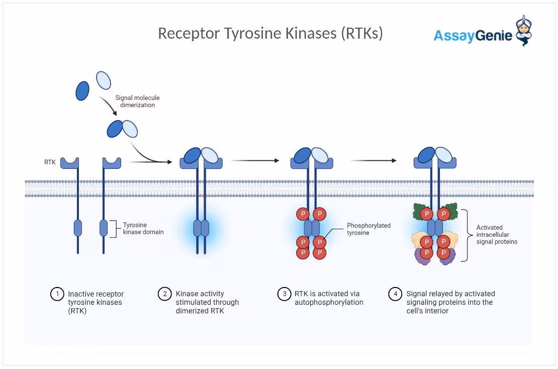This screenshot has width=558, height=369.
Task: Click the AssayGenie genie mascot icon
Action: [x=524, y=31]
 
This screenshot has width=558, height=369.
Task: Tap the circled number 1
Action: [x=57, y=294]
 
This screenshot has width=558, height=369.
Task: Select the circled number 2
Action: [x=165, y=294]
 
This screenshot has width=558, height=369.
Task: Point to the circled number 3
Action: [x=285, y=294]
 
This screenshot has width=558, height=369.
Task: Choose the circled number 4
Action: [x=395, y=294]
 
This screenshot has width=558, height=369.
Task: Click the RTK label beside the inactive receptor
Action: [x=50, y=162]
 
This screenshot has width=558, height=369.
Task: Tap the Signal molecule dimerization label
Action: [x=137, y=102]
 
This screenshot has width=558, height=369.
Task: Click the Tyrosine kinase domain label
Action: [x=143, y=228]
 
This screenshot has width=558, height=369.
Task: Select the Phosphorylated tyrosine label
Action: [x=368, y=229]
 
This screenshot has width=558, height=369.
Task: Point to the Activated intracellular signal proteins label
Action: [x=497, y=234]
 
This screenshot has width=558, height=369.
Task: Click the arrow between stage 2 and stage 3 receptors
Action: [x=255, y=160]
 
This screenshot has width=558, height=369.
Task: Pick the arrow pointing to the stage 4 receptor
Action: [x=374, y=160]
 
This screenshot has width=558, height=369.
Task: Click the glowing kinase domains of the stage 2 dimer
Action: [x=201, y=228]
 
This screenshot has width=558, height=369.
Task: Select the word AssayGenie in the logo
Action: [x=473, y=36]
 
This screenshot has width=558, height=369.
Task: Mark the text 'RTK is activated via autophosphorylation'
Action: [x=329, y=298]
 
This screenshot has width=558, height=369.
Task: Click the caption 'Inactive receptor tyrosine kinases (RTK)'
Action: [x=96, y=302]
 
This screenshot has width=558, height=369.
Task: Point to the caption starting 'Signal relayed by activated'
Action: [x=450, y=302]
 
